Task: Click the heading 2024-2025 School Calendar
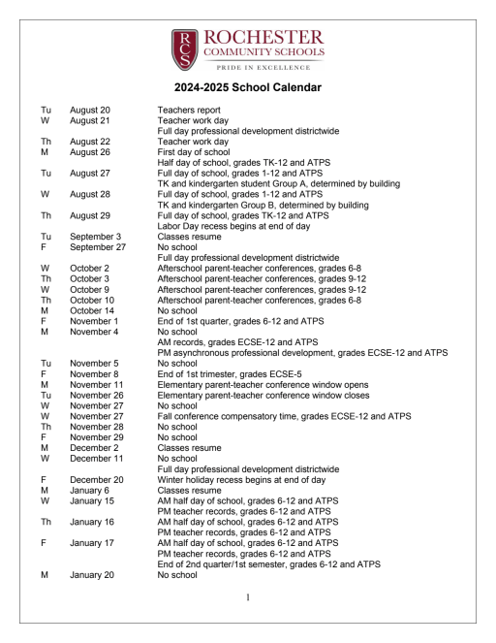pyautogui.click(x=247, y=88)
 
